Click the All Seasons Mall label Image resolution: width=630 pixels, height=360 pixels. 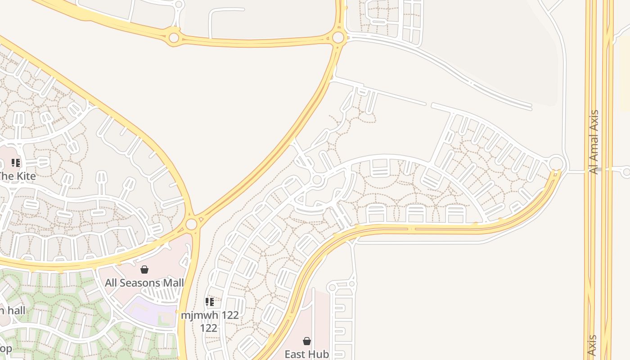click(x=144, y=283)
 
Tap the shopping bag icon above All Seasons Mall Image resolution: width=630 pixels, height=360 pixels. click(x=144, y=270)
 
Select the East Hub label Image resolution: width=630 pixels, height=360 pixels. click(x=306, y=354)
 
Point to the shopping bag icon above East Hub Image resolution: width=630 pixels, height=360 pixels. click(x=307, y=342)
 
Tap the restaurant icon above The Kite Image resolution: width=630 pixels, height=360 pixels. click(x=16, y=163)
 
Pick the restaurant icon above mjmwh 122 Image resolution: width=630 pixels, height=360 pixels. click(x=209, y=302)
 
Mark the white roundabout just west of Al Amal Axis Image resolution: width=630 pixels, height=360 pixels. click(x=557, y=162)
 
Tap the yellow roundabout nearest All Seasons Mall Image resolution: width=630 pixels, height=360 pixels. click(x=191, y=224)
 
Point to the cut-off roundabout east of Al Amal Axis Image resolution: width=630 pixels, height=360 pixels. click(x=626, y=171)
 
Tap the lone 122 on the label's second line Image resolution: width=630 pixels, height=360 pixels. click(x=208, y=328)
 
